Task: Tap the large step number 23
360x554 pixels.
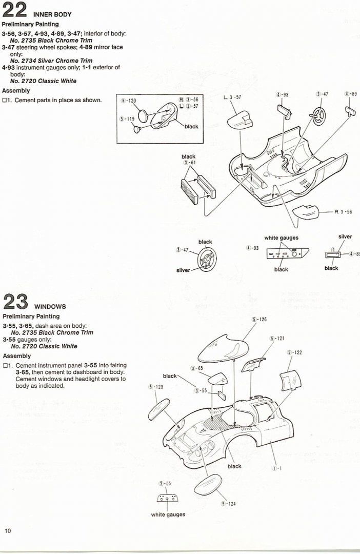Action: (x=15, y=303)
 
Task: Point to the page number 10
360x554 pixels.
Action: (x=8, y=530)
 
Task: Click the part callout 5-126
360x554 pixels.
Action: (x=259, y=320)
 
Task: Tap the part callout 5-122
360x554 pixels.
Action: (x=294, y=352)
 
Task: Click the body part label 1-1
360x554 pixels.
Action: (x=278, y=468)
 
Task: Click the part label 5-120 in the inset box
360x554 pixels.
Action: (x=128, y=101)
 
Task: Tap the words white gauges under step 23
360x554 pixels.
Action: (x=168, y=515)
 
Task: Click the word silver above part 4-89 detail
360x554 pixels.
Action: (x=345, y=237)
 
